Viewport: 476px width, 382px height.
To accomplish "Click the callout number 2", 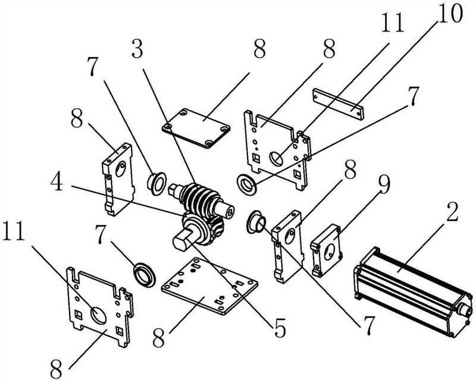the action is (452, 212).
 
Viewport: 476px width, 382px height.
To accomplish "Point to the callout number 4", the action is (57, 182).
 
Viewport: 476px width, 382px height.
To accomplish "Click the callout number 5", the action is (280, 328).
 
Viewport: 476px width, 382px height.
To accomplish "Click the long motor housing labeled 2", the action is (414, 292).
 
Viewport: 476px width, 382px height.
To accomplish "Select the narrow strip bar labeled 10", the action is (338, 104).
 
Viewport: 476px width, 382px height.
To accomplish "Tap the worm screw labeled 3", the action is (201, 198).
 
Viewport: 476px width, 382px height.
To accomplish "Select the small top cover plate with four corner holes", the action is (196, 128).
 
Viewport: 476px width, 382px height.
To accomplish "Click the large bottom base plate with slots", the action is (209, 286).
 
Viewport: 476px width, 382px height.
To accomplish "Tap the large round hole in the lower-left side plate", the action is (98, 315).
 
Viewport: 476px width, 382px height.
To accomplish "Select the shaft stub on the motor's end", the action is (464, 311).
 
